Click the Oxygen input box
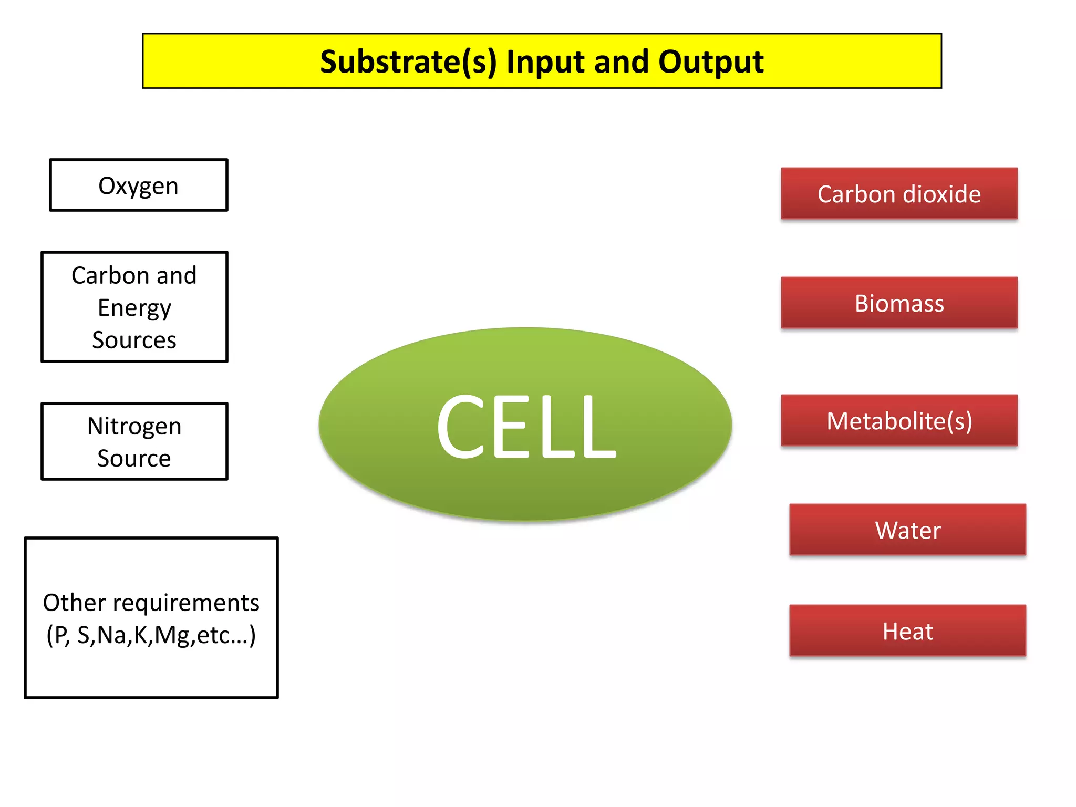coord(138,185)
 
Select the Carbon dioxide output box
coord(899,193)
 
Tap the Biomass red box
coord(899,303)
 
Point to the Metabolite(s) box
coord(899,421)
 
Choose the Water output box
coord(907,530)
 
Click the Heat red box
coord(907,630)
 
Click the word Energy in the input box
coord(134,308)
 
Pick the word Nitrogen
coord(134,426)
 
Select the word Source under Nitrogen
coord(134,458)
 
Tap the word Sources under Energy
coord(134,340)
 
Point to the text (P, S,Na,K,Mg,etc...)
coord(151,635)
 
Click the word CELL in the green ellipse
coord(525,426)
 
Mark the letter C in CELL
coord(461,426)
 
